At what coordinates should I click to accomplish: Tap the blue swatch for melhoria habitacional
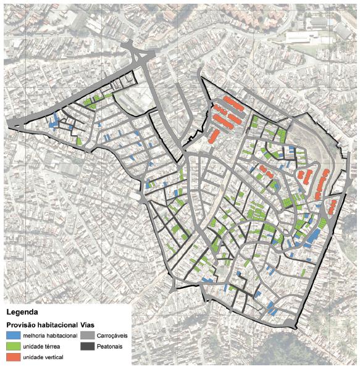click(13, 336)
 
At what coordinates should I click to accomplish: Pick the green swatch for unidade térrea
click(13, 347)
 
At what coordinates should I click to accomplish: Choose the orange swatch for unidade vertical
click(13, 358)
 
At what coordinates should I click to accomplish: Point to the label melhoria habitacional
click(51, 336)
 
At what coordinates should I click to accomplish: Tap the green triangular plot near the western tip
click(80, 141)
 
